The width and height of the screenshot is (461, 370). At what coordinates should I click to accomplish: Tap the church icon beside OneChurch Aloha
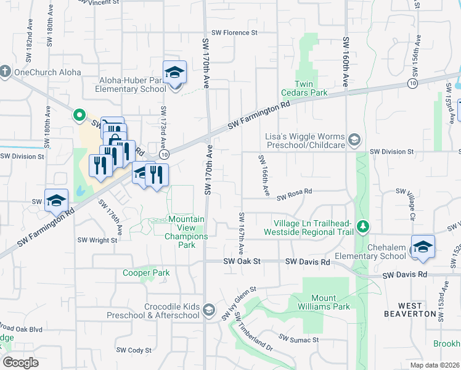coord(6,72)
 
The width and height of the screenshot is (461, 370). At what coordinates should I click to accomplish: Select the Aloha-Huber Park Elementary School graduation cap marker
coord(174,73)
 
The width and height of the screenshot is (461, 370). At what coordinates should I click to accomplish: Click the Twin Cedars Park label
coord(311,88)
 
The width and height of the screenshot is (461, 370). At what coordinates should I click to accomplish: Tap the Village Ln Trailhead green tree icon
coord(363,227)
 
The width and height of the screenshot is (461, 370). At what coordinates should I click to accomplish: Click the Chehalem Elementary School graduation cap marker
coord(423,247)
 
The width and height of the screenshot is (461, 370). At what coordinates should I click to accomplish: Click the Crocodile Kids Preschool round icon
coord(209,310)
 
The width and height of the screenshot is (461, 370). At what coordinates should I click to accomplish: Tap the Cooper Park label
coord(146,273)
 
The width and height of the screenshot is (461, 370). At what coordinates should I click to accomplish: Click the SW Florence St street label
coord(234,33)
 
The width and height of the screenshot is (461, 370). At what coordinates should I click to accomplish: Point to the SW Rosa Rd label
coord(295,197)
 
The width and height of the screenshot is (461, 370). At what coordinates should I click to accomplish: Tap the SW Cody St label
coord(134,350)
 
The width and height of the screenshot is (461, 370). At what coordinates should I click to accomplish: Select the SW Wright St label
coord(97,240)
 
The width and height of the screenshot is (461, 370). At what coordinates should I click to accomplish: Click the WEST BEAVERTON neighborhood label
coord(418,310)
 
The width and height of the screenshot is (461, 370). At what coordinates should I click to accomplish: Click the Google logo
coord(20,363)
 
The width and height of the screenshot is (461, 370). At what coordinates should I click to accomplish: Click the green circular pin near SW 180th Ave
coord(79,115)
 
